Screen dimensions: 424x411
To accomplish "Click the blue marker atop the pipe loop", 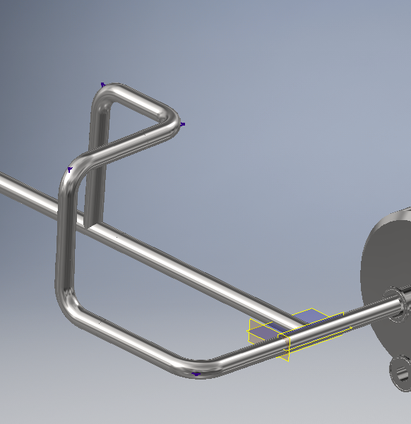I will coord(103,85).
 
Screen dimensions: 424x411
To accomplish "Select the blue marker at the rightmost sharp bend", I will coord(182,124).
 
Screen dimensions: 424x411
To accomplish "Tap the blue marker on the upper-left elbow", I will coord(69,169).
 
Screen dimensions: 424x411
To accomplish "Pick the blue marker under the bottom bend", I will coord(196,374).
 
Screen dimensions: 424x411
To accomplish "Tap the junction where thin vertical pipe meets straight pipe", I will coord(92,224).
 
